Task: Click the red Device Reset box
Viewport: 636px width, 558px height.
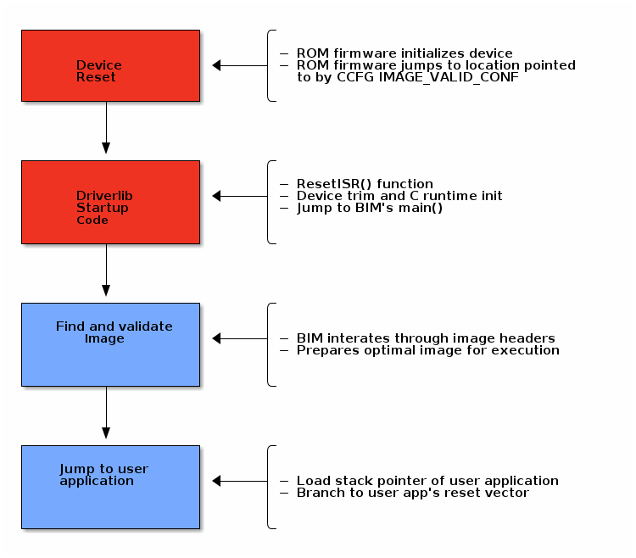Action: click(x=110, y=66)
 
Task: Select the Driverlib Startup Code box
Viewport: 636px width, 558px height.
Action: click(x=110, y=202)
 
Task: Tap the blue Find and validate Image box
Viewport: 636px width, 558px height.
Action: click(x=110, y=344)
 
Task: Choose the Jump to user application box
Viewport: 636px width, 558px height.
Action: click(x=110, y=487)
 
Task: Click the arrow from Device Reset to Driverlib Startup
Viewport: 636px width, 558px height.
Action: click(x=106, y=128)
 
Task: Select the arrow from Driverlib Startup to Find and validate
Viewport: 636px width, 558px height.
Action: click(x=106, y=271)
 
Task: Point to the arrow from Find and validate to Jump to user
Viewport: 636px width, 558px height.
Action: click(x=106, y=413)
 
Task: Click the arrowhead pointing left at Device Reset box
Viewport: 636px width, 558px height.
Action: click(x=217, y=65)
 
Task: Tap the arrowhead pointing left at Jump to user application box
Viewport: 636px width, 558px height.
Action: click(x=217, y=481)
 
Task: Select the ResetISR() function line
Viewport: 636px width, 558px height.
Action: click(x=365, y=184)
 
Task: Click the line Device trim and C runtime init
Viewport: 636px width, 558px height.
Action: click(x=399, y=196)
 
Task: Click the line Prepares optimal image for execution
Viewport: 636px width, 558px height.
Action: click(x=427, y=350)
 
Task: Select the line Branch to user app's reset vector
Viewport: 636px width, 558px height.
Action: click(x=412, y=493)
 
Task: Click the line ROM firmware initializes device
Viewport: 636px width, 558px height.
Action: click(x=404, y=53)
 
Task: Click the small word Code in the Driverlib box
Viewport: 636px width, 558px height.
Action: click(x=92, y=220)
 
